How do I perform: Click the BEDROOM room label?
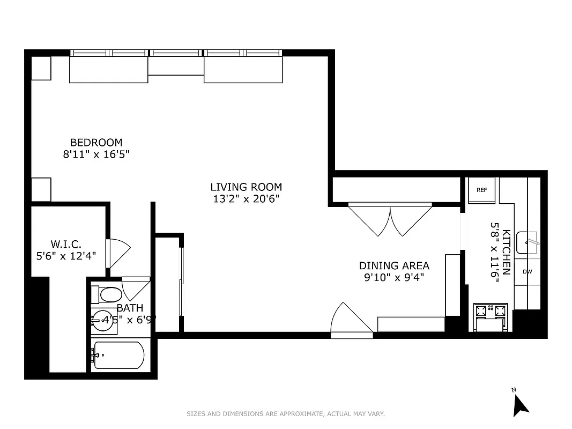click(96, 143)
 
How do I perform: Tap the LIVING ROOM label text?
click(246, 187)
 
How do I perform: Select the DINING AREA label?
click(394, 265)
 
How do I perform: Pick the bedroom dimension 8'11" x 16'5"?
click(96, 154)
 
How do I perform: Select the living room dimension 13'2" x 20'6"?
click(246, 199)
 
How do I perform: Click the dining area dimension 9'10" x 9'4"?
click(394, 277)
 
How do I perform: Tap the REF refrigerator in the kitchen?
click(481, 190)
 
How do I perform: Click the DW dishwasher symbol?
click(528, 272)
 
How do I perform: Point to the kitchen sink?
click(528, 243)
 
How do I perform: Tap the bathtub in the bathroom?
click(117, 355)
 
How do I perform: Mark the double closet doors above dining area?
click(390, 219)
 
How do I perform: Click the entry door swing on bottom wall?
click(348, 321)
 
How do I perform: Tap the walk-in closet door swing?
click(118, 254)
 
